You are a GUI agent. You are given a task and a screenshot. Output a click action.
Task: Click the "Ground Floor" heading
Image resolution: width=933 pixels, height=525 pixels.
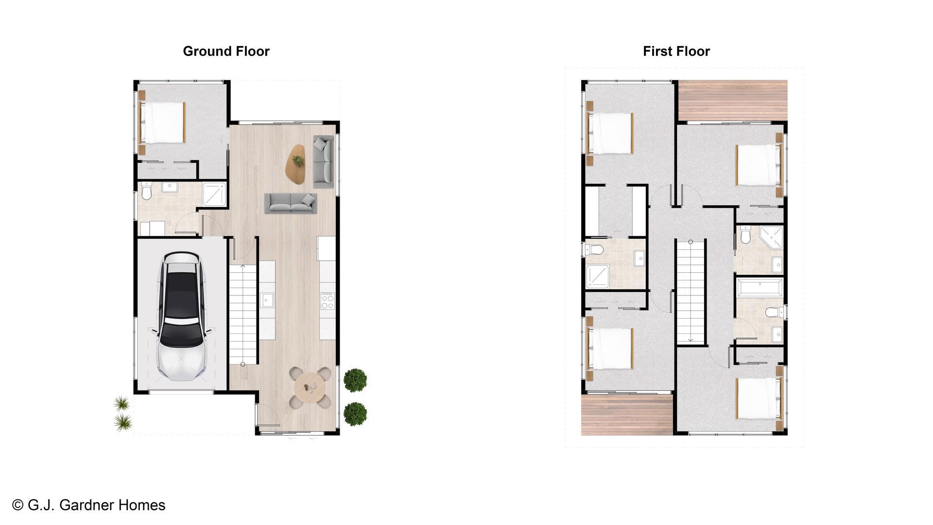click(226, 51)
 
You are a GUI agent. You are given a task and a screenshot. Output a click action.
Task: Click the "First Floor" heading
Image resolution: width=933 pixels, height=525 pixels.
click(676, 51)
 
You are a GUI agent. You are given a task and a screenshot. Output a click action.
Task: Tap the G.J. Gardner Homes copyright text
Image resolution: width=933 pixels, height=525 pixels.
click(89, 505)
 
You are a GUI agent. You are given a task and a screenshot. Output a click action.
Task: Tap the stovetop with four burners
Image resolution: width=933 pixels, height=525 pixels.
click(328, 300)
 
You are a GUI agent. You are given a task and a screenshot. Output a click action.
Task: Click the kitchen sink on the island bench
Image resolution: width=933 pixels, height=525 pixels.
click(266, 300)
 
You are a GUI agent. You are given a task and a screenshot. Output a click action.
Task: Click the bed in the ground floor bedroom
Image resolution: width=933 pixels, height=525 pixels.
click(163, 122)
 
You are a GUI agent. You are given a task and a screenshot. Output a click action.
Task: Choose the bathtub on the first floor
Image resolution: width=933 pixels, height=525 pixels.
click(759, 287)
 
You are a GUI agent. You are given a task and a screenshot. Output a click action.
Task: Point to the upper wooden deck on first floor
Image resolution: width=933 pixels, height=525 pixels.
click(733, 100)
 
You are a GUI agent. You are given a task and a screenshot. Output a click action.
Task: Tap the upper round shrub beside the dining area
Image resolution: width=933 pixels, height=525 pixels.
click(355, 380)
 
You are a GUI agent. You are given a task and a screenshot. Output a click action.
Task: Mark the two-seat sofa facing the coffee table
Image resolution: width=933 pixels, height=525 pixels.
click(291, 203)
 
